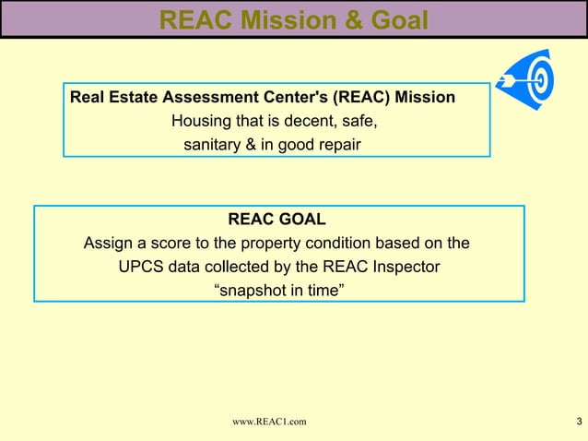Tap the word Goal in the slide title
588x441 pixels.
pos(394,19)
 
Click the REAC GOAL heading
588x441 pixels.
pos(276,220)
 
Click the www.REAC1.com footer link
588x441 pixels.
pos(270,422)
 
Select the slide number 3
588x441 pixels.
pos(577,422)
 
